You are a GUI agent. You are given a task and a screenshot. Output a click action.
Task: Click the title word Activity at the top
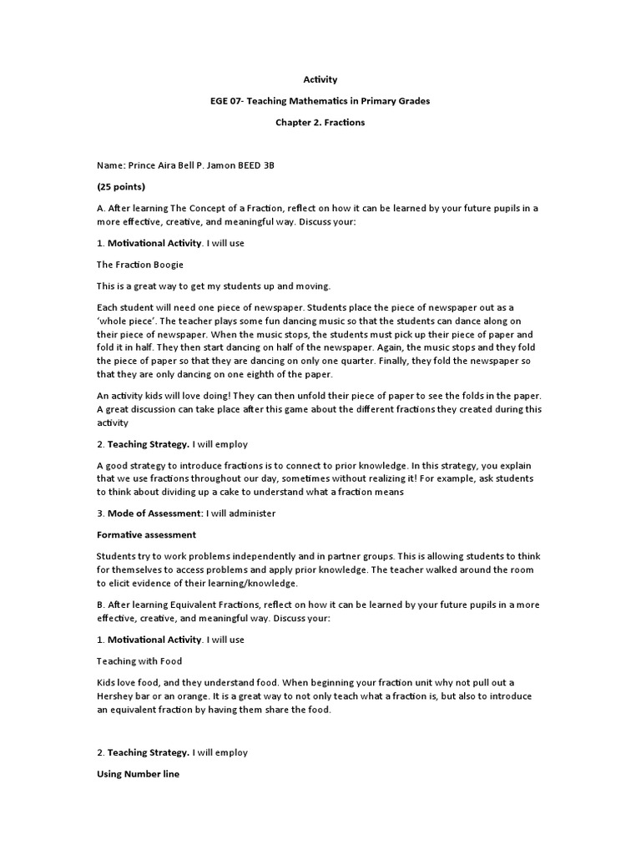[x=320, y=79]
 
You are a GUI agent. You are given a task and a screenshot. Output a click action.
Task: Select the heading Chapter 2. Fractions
[x=320, y=123]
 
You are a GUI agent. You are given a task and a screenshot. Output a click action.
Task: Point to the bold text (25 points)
[x=121, y=186]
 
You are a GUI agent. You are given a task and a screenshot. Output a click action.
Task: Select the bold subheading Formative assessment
[x=146, y=534]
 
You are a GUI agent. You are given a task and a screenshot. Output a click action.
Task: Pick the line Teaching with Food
[x=139, y=660]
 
